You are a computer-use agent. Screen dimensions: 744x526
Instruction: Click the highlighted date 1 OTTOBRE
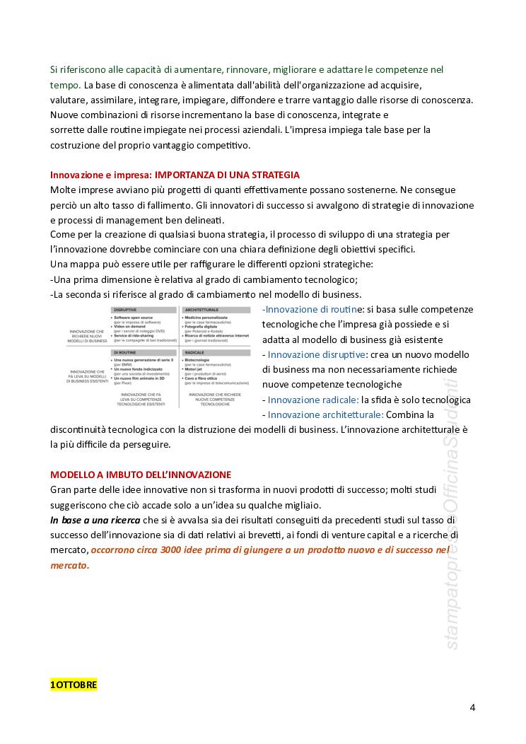coord(74,685)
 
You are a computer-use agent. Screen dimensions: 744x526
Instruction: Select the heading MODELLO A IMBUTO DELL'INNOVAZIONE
coord(140,473)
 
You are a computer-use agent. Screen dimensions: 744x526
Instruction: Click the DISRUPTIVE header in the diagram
coord(129,310)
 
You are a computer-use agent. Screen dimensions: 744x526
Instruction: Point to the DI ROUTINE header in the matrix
coord(127,351)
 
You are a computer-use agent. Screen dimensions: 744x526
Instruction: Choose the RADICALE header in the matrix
coord(195,351)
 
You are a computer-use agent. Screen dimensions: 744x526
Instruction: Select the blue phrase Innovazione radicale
coord(313,400)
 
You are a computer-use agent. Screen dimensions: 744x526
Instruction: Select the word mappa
coord(86,264)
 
